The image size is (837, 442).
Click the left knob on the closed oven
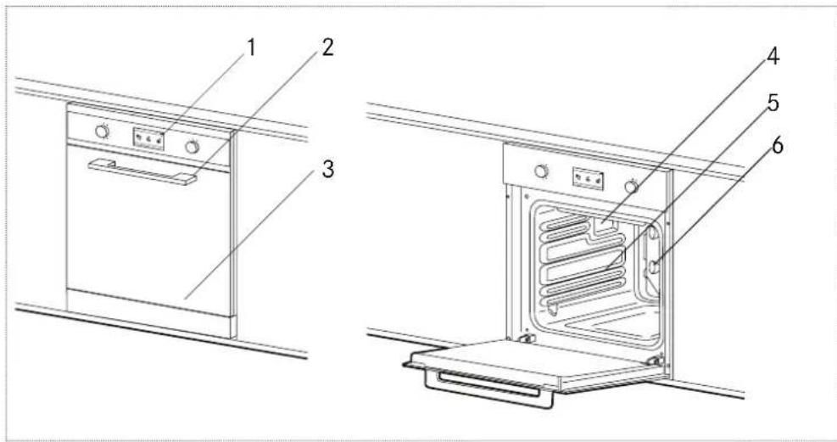tap(102, 131)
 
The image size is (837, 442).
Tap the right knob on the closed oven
tap(193, 146)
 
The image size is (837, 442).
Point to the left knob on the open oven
tap(540, 171)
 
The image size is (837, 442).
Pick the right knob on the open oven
tap(631, 186)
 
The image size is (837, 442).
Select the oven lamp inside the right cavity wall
tap(654, 266)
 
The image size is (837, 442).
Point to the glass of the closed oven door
tap(144, 238)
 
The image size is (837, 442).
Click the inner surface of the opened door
tap(534, 361)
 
